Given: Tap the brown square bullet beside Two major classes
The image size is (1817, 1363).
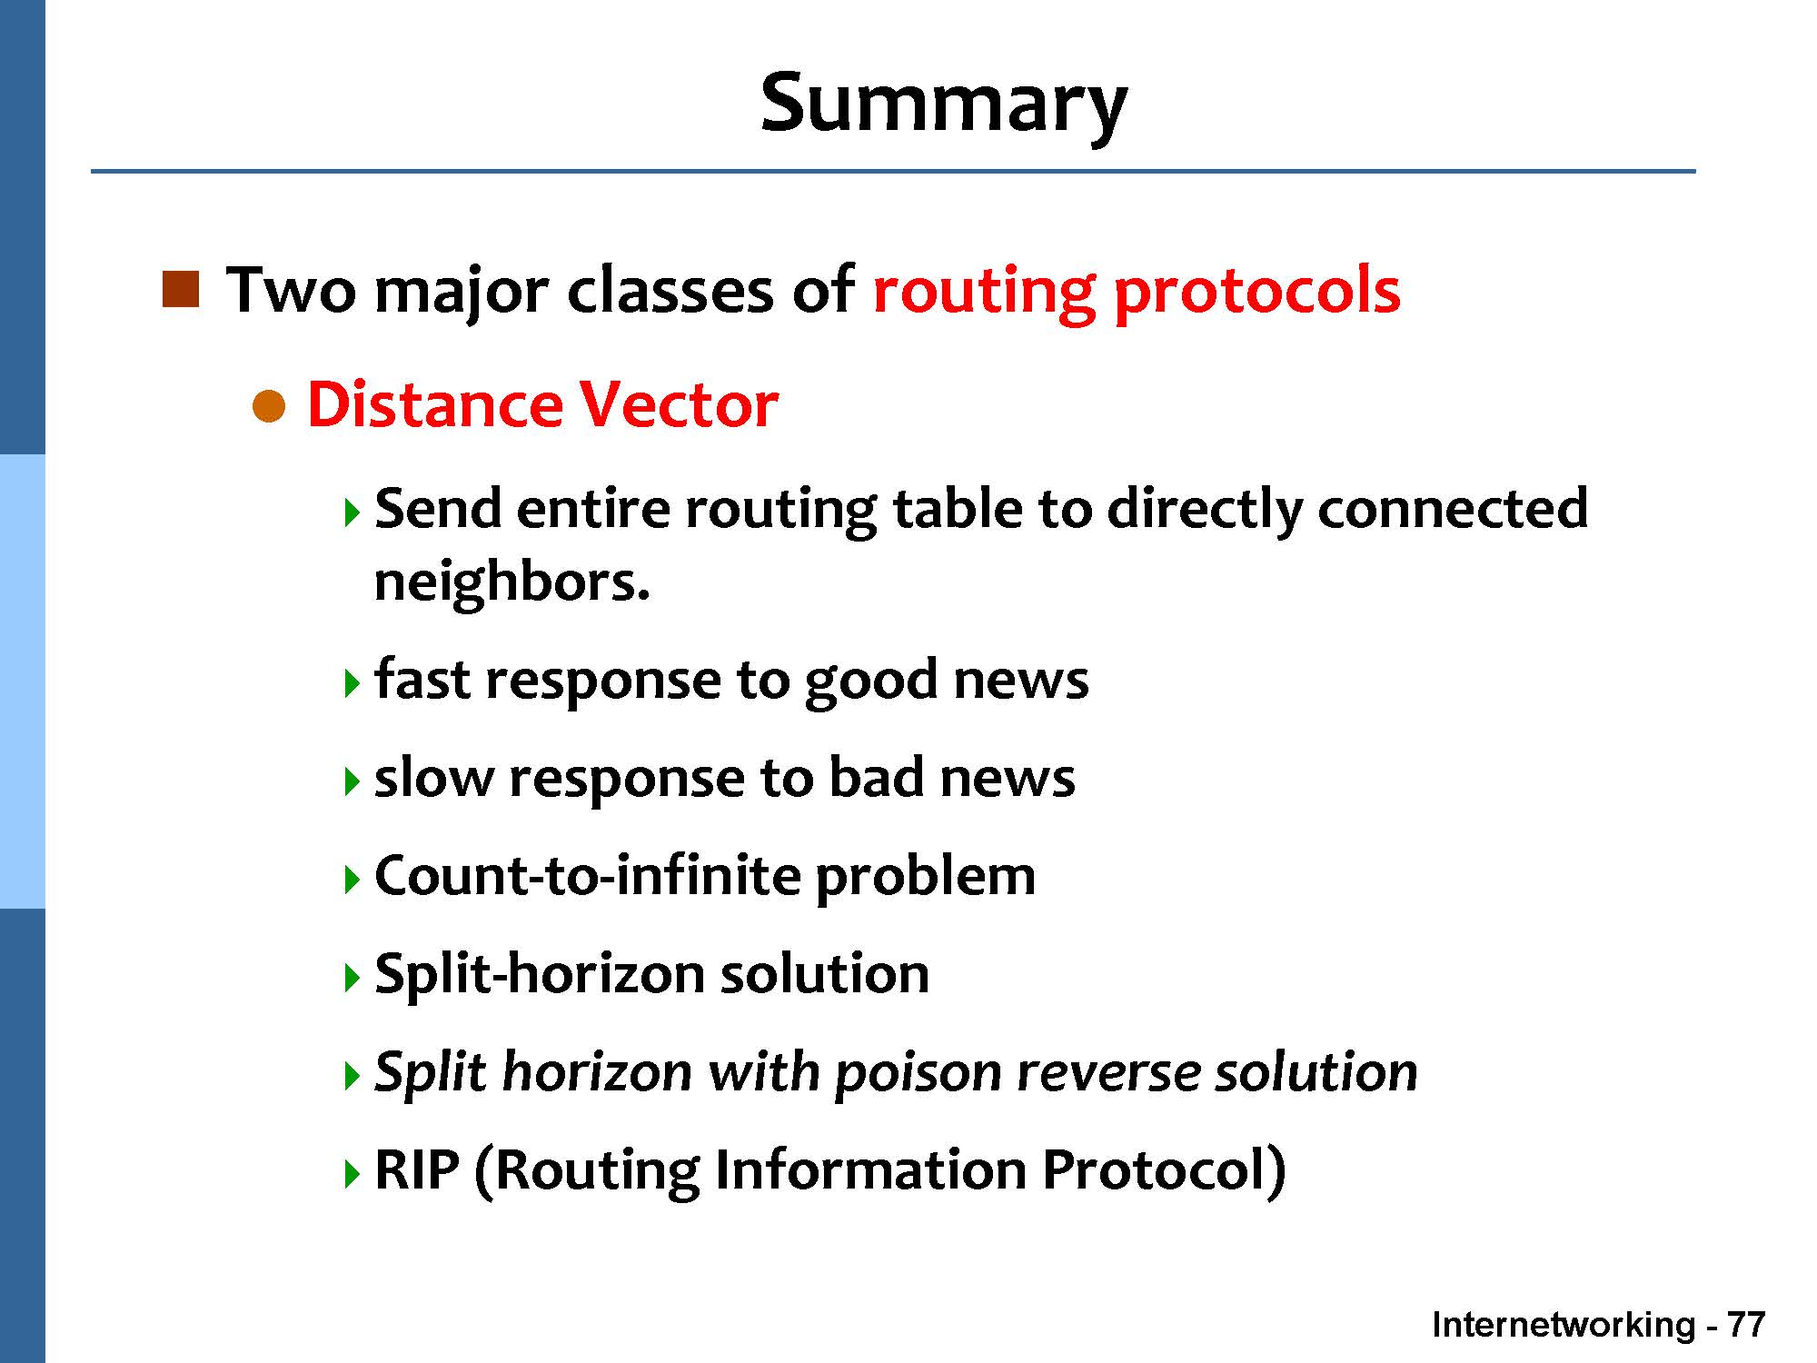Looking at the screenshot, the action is [180, 289].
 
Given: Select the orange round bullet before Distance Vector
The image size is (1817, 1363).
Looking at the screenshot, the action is [269, 406].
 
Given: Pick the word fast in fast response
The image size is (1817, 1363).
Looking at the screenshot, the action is [422, 679].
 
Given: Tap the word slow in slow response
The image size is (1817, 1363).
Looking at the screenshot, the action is [433, 778].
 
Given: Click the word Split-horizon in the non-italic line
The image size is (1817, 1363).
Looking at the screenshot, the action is [540, 974].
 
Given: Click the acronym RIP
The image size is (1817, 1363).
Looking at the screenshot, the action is [417, 1169].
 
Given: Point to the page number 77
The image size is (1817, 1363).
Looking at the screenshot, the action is [1745, 1325].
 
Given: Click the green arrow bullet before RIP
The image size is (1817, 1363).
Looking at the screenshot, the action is [352, 1174].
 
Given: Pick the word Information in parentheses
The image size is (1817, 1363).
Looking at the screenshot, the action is [870, 1169].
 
